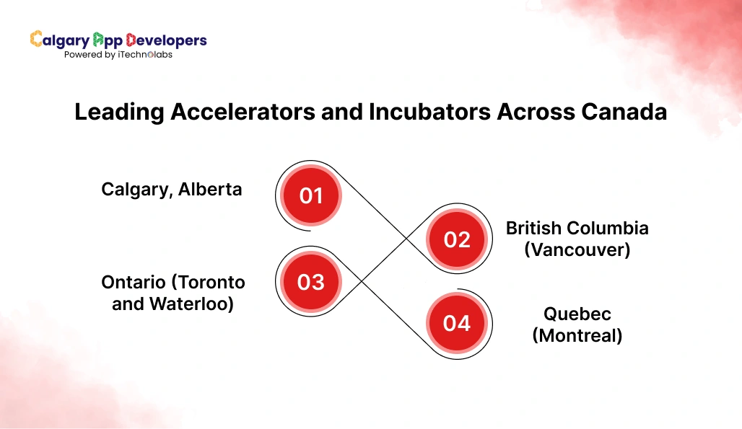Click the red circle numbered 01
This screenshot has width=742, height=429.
(x=311, y=195)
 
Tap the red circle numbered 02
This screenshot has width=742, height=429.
(x=457, y=239)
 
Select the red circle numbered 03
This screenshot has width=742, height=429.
(x=311, y=281)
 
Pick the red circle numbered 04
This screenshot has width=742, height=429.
(x=457, y=324)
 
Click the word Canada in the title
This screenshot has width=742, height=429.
(x=621, y=112)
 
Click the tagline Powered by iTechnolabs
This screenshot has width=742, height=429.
(x=118, y=55)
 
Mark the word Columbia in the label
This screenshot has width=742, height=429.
(x=608, y=229)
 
